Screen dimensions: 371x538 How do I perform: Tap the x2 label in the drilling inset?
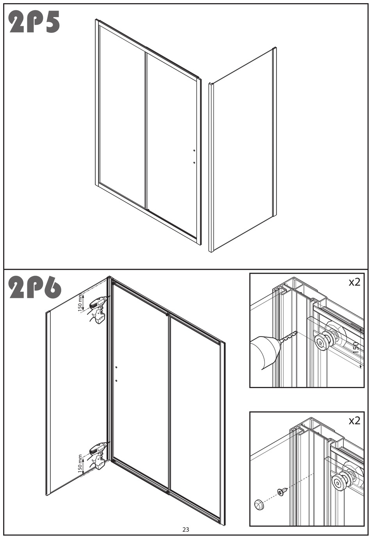pyautogui.click(x=355, y=282)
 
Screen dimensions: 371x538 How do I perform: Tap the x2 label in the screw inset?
pyautogui.click(x=355, y=420)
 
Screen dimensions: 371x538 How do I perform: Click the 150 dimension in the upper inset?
pyautogui.click(x=356, y=347)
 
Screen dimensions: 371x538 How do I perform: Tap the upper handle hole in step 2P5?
pyautogui.click(x=194, y=150)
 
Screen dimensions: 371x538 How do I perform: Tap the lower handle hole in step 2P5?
pyautogui.click(x=194, y=162)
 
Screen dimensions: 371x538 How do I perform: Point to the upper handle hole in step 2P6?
pyautogui.click(x=116, y=367)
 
